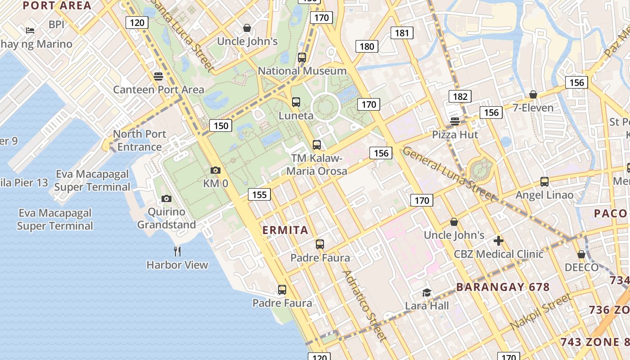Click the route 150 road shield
[221, 126]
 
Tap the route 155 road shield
[259, 194]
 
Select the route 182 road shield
[459, 96]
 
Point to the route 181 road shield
[402, 33]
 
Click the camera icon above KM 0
[216, 170]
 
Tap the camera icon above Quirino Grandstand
[166, 198]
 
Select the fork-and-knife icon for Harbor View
[177, 251]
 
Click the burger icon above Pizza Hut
[455, 121]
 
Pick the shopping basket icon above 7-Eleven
[533, 94]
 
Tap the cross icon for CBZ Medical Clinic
[499, 240]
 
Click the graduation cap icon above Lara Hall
[427, 292]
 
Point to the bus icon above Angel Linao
[544, 182]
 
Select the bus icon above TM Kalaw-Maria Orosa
[317, 145]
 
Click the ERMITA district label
[285, 230]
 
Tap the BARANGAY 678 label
[503, 287]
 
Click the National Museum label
[302, 71]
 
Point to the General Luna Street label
[448, 173]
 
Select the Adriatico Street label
[364, 306]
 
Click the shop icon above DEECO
[581, 254]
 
